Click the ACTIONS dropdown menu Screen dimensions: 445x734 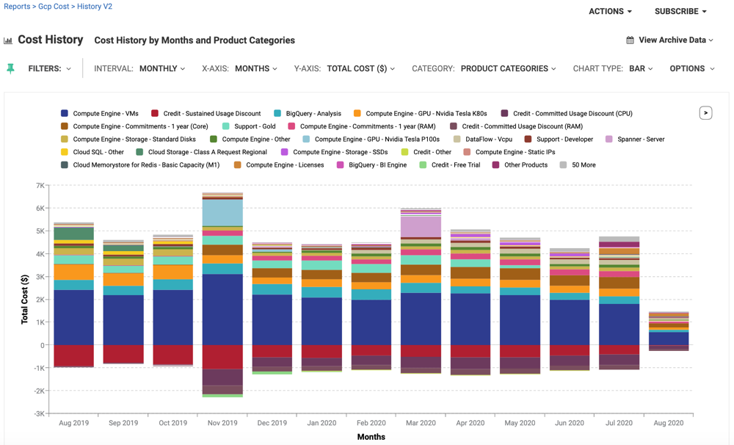[610, 12]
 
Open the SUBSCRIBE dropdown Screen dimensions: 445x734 [680, 12]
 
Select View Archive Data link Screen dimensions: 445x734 [670, 40]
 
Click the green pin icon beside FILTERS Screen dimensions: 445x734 [10, 68]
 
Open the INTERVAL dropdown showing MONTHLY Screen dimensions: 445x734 [161, 68]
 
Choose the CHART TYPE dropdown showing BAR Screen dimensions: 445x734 [641, 68]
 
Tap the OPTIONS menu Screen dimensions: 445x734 [691, 68]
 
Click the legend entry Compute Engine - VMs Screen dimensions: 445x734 [105, 114]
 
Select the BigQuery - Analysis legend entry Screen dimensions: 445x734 [313, 114]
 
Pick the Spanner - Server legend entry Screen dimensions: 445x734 [640, 140]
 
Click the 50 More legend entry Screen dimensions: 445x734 [583, 165]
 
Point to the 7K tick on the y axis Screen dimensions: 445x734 [40, 186]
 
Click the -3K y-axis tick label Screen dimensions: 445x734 [38, 414]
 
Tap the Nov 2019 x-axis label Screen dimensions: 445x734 [222, 423]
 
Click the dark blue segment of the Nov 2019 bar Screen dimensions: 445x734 [222, 308]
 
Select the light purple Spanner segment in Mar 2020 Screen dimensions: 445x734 [421, 227]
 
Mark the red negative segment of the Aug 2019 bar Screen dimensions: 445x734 [73, 355]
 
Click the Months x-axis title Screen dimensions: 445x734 [371, 437]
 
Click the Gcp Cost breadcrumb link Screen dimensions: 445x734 [54, 7]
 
